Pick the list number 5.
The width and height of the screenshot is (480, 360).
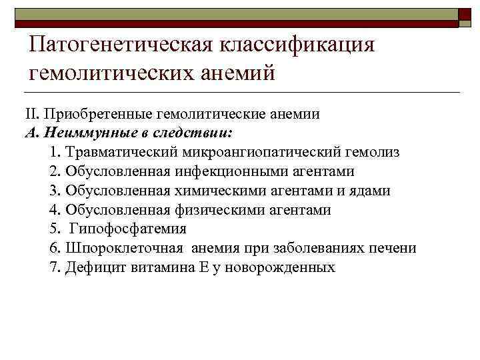[53, 229]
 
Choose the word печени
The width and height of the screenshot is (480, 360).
[393, 249]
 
